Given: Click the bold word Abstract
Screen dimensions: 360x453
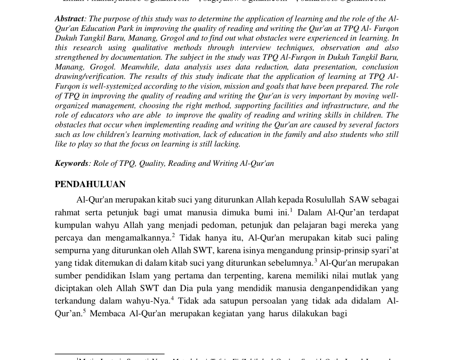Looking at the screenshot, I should [69, 19].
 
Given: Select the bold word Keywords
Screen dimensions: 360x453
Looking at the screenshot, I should [71, 163].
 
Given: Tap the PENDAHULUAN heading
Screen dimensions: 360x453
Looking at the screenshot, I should [90, 184].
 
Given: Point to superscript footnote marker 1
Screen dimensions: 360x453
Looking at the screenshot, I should [291, 210].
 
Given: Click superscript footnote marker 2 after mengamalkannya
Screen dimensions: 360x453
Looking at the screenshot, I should [173, 235].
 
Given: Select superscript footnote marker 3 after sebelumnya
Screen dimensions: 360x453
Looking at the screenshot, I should [316, 260].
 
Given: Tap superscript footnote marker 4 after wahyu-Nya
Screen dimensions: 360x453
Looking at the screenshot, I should [172, 298].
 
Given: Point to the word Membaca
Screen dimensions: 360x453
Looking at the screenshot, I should [107, 313].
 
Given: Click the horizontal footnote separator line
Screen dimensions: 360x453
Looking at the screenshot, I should [109, 354].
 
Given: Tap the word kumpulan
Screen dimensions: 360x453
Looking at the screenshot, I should [72, 225].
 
